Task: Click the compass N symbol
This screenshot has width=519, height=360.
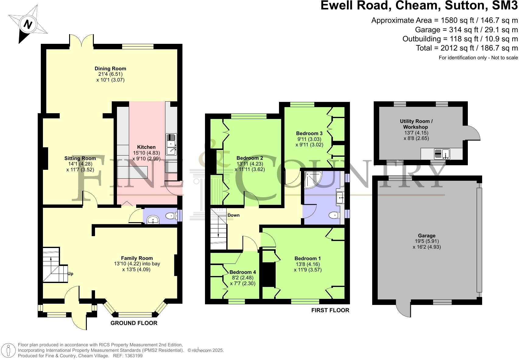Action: click(x=28, y=24)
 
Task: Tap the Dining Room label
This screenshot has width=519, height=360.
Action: click(x=110, y=68)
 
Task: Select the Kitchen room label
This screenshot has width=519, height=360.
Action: click(x=146, y=147)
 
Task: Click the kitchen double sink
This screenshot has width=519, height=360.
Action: click(x=171, y=144)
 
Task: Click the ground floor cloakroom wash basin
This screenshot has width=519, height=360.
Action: click(x=153, y=219)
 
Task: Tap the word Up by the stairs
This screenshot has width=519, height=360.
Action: click(x=70, y=274)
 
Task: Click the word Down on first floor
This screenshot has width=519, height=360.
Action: click(x=234, y=215)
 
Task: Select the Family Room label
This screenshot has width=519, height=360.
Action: click(x=137, y=258)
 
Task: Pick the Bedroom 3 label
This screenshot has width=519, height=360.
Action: click(x=309, y=133)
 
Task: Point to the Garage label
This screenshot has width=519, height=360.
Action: click(x=426, y=236)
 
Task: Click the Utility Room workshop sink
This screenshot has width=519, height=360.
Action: click(x=442, y=154)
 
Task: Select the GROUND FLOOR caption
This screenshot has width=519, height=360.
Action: click(x=134, y=323)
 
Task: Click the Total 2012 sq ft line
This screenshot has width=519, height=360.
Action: click(x=467, y=48)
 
